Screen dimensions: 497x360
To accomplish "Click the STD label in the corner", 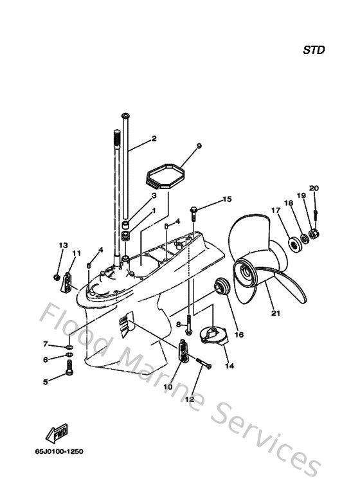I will (314, 50).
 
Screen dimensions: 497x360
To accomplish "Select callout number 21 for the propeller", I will (276, 314).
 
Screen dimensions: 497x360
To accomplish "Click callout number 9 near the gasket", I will (199, 147).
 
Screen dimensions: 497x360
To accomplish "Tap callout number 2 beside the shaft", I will (154, 139).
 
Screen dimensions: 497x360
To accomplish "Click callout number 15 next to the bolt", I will (228, 200).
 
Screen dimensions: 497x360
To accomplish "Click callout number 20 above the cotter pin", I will (313, 188).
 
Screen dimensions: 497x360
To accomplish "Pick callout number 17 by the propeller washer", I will (275, 210).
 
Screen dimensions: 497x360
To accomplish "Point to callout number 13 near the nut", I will (63, 246).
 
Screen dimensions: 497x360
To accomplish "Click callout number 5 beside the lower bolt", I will (46, 382).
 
